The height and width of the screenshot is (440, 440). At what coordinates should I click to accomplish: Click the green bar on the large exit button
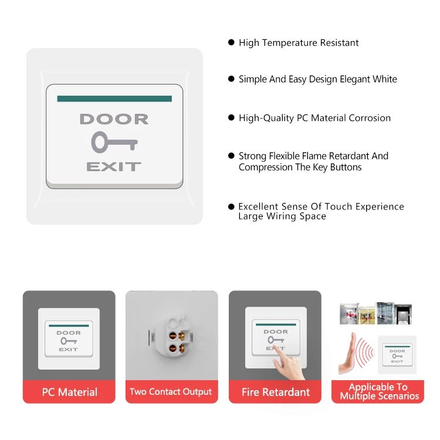[x=114, y=99]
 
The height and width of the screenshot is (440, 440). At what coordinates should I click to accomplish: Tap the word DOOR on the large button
[x=114, y=119]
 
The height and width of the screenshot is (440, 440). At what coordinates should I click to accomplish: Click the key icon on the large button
[x=114, y=143]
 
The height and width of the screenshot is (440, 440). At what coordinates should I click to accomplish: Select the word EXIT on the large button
[x=114, y=167]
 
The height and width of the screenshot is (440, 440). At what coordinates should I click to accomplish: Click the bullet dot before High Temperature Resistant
[x=231, y=42]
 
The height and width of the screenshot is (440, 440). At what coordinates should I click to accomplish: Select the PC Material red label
[x=69, y=392]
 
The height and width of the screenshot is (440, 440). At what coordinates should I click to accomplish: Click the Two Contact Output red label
[x=172, y=392]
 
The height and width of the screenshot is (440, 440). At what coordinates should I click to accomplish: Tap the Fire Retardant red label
[x=275, y=392]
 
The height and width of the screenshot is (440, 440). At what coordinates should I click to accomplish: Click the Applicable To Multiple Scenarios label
[x=378, y=392]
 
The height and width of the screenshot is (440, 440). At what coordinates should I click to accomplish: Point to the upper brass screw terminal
[x=181, y=335]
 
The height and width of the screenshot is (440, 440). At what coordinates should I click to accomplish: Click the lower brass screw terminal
[x=181, y=348]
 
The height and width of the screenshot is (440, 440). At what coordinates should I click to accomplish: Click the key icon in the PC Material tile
[x=69, y=341]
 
